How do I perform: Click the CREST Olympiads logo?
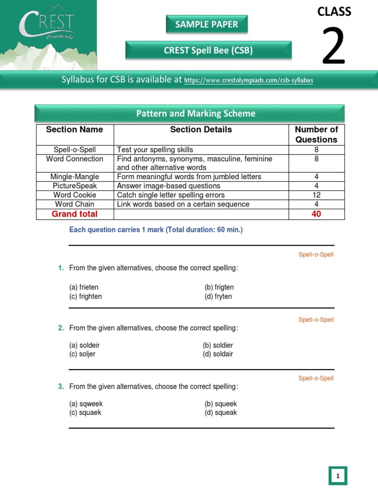click(x=47, y=27)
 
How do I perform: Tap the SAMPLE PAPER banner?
click(x=206, y=24)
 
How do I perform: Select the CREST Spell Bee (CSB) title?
click(x=208, y=50)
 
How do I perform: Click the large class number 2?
click(x=334, y=46)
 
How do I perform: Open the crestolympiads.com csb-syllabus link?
click(x=249, y=80)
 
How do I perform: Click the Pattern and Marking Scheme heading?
click(x=195, y=114)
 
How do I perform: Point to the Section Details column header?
click(x=201, y=129)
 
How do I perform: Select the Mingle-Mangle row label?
click(x=74, y=177)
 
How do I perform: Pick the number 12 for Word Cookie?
click(x=316, y=195)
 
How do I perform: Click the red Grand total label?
click(x=74, y=214)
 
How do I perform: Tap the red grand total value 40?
click(x=316, y=214)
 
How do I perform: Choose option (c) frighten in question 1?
click(x=86, y=296)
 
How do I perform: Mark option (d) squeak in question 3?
click(x=220, y=412)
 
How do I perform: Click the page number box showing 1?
click(x=338, y=476)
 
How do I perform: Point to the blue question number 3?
click(x=61, y=387)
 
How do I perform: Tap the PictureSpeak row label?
click(x=74, y=186)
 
